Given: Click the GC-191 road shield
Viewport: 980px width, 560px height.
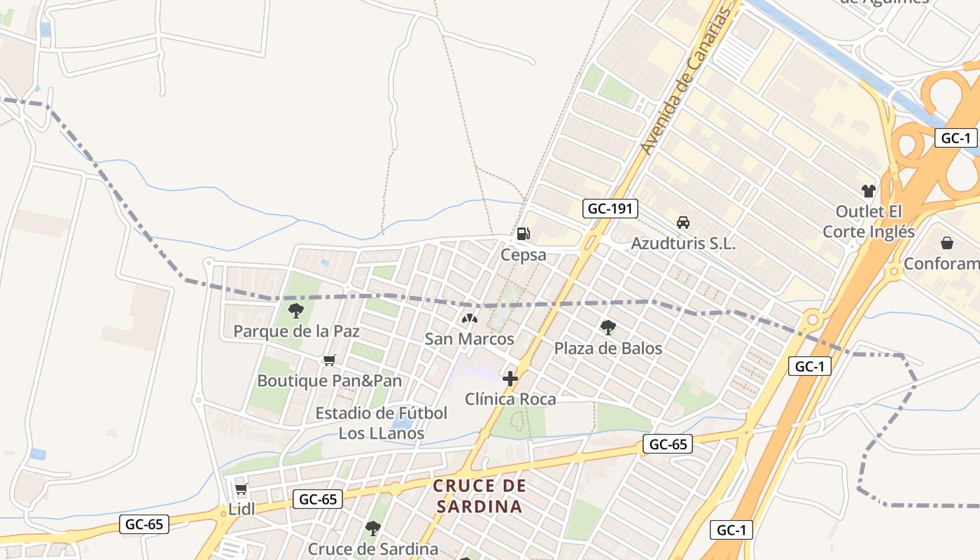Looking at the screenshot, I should pos(610,208).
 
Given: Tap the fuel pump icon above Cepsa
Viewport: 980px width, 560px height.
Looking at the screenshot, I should pos(523,234).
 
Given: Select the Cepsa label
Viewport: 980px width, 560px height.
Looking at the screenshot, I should pos(523,255).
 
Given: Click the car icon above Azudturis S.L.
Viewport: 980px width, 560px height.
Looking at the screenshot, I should pos(683,223).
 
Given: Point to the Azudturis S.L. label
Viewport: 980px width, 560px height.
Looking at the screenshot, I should pos(683,244).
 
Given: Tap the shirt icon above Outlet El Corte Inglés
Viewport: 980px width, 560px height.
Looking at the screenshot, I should pos(869,190).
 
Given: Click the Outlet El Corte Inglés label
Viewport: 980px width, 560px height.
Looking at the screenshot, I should pos(869,221).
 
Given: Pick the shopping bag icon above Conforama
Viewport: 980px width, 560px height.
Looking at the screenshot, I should pos(947,243).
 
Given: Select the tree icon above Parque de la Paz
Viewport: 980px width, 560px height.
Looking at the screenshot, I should pos(296,310).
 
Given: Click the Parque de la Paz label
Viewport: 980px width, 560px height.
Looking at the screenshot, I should pos(296,331).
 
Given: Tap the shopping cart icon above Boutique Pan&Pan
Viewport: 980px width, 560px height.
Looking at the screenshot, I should pos(329,360).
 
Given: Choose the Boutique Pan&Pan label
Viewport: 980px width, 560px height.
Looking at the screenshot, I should pos(330,381).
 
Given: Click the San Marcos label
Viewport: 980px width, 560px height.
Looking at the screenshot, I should pos(470,339).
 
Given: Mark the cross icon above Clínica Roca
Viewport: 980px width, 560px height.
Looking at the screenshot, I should pos(510,379).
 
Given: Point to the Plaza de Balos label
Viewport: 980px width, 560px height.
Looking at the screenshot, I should pos(608,348).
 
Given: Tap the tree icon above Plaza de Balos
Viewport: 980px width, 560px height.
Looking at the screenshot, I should pos(608,327).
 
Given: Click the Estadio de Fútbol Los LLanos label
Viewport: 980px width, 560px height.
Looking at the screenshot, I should pos(381,423).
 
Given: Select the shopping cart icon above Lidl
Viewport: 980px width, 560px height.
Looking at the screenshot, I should pos(241,489).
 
